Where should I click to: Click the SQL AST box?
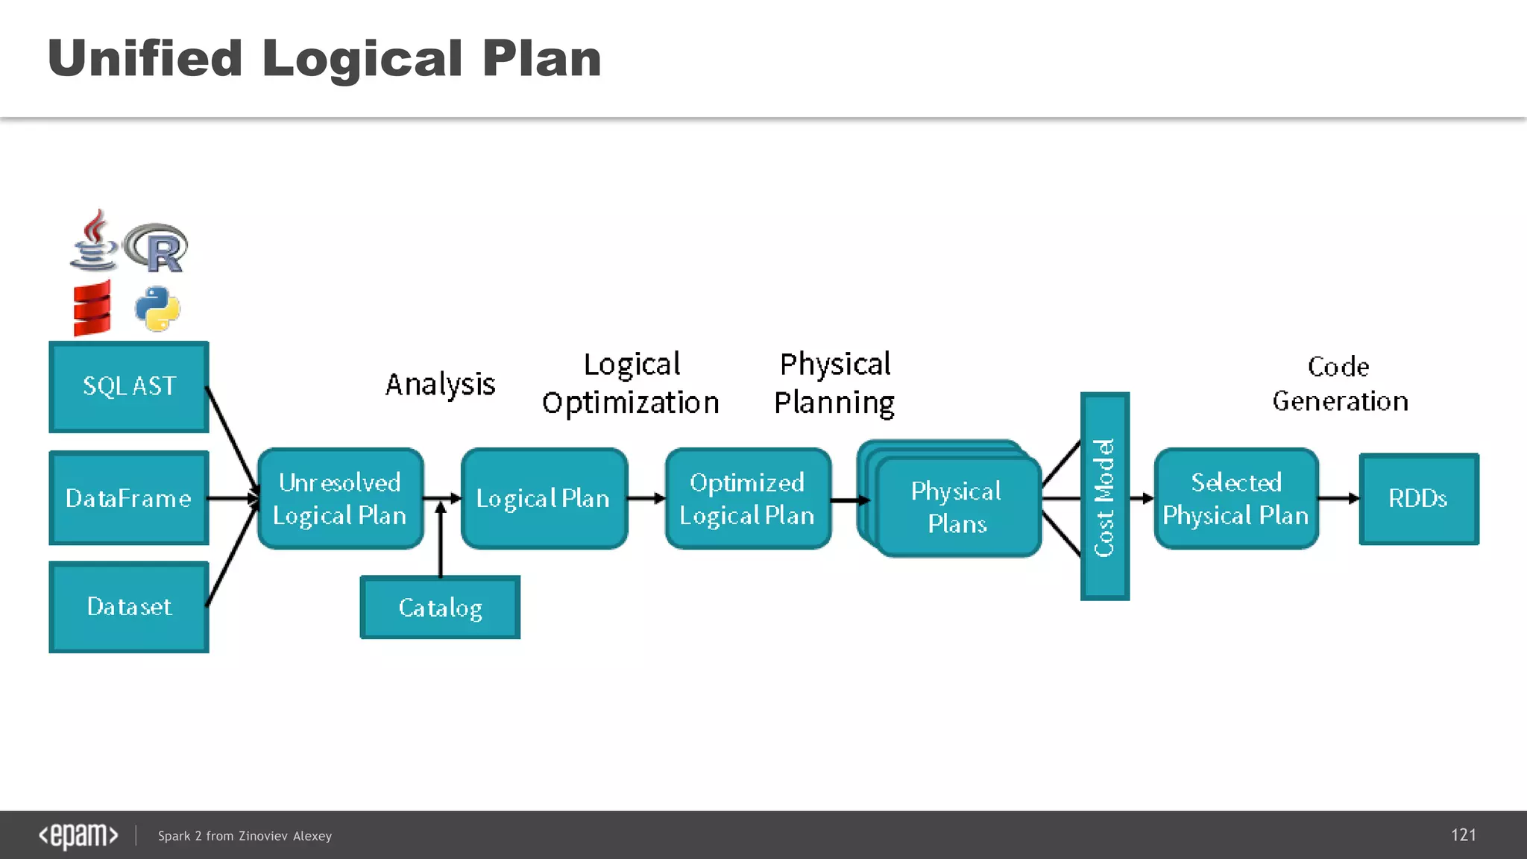129,386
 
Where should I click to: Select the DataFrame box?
129,497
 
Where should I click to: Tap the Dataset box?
129,606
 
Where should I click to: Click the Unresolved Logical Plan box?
340,498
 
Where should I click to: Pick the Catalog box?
440,607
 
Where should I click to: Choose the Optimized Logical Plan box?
747,498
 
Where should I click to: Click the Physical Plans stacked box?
957,507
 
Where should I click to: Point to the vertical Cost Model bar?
1104,496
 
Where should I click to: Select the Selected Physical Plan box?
1235,498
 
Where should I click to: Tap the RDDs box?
1418,498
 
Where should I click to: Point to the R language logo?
157,248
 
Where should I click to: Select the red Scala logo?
92,308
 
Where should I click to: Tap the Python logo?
157,309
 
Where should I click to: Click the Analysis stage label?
440,385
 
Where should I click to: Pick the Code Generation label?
1340,384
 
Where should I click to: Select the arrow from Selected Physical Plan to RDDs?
1338,498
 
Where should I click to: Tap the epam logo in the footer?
78,835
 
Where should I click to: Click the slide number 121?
1463,835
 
